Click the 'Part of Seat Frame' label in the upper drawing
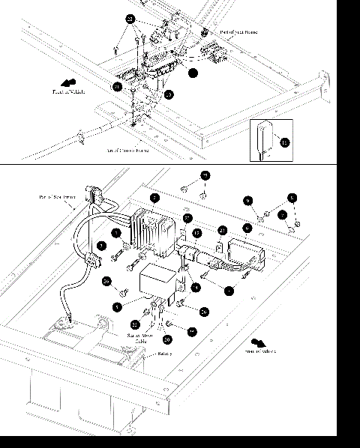pyautogui.click(x=239, y=33)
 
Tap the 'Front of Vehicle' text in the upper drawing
pyautogui.click(x=69, y=92)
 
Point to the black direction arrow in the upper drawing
pyautogui.click(x=70, y=82)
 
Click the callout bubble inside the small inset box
pyautogui.click(x=283, y=140)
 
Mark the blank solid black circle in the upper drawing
pyautogui.click(x=193, y=73)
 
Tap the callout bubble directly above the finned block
pyautogui.click(x=154, y=198)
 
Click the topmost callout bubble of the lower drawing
pyautogui.click(x=205, y=175)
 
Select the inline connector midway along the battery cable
pyautogui.click(x=94, y=261)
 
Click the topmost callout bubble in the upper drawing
pyautogui.click(x=130, y=18)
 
